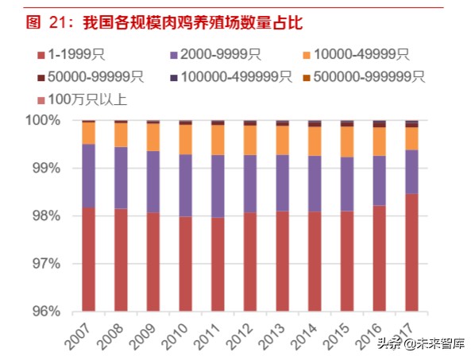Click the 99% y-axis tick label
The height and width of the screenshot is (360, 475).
point(45,168)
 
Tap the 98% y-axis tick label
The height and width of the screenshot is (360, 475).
point(45,216)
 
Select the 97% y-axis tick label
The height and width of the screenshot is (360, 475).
point(45,264)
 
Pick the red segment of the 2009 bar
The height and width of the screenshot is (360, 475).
point(153,261)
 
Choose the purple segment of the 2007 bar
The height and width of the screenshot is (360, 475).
point(88,176)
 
